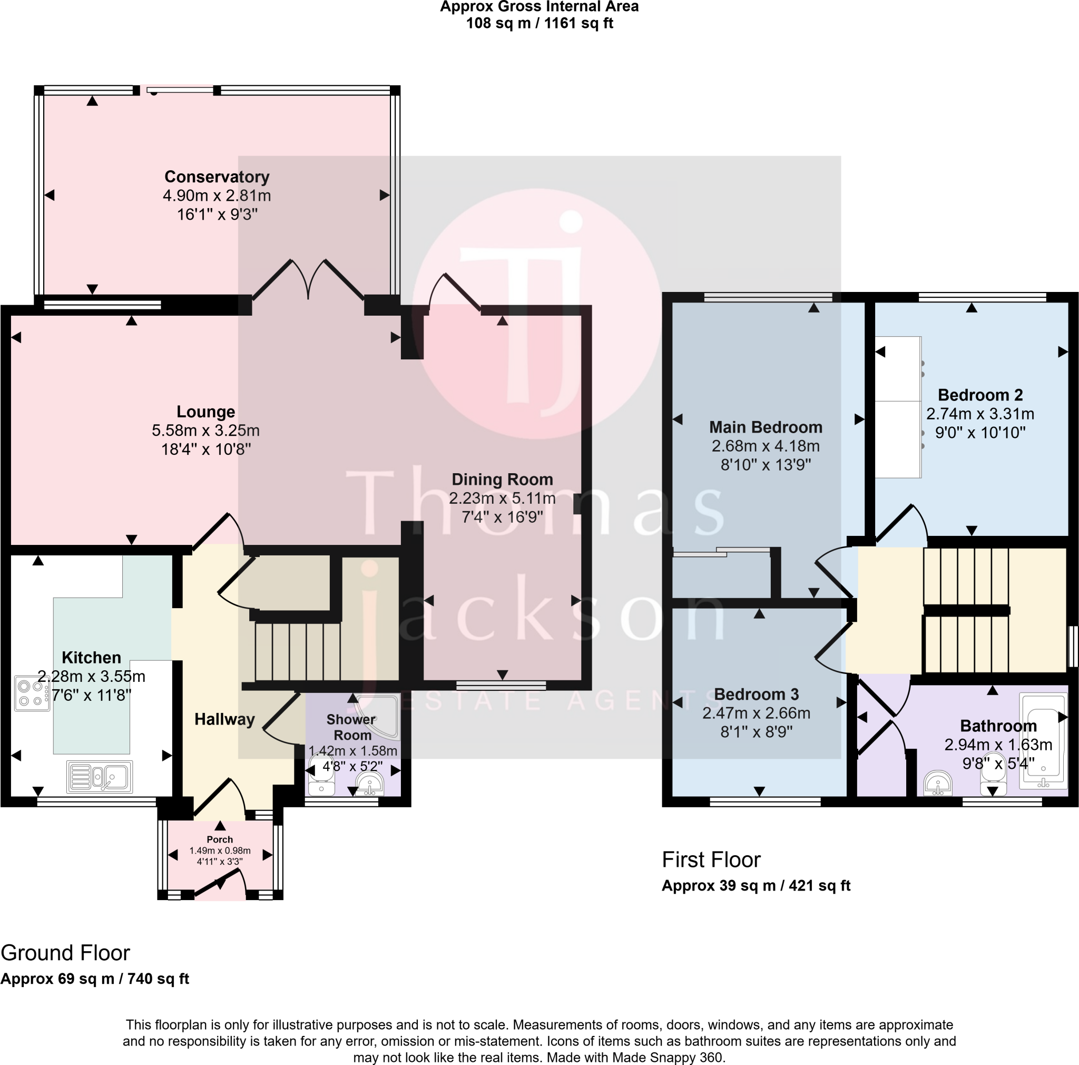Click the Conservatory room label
[217, 177]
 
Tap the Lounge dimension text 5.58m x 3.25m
[205, 431]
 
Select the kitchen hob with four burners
[32, 693]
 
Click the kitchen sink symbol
[100, 776]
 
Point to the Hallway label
[224, 719]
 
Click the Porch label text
[220, 839]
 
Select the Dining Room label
[502, 479]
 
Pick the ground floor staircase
[298, 651]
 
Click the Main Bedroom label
[766, 427]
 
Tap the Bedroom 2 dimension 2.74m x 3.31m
[980, 414]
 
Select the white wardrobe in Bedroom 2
[897, 407]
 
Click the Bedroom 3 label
[756, 694]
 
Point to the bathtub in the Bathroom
[1042, 741]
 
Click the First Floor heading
[711, 860]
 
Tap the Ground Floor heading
[65, 953]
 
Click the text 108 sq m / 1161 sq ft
[539, 24]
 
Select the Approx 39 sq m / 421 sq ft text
[756, 886]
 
